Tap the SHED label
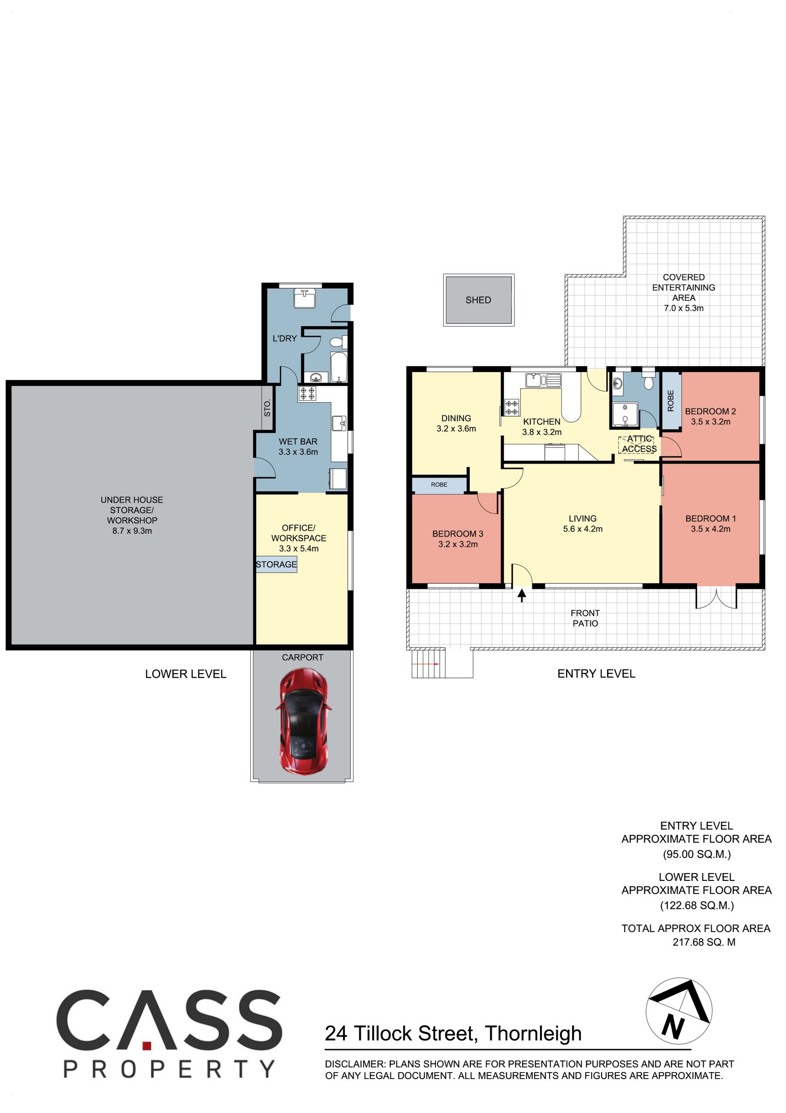pos(478,300)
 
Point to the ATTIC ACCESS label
pos(639,444)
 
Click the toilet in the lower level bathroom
pos(338,342)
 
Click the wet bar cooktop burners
pos(307,393)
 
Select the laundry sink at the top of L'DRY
pos(304,298)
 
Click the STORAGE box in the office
pos(277,564)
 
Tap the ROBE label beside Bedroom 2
pos(671,401)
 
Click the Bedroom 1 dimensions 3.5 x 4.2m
pos(710,529)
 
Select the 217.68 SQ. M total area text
pos(703,942)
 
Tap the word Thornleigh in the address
pos(533,1033)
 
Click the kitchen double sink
pos(543,380)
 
